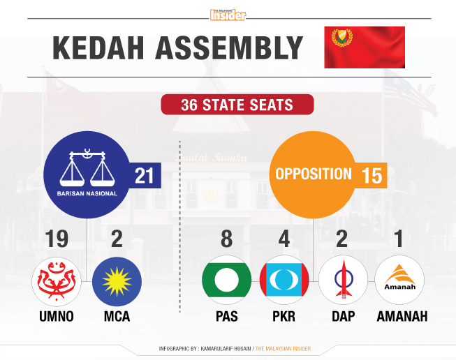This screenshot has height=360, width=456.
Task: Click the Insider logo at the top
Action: (228, 15)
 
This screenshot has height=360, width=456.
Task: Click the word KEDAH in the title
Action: (98, 48)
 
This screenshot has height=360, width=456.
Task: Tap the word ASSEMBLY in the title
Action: (230, 48)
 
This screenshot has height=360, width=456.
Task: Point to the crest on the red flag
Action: (342, 38)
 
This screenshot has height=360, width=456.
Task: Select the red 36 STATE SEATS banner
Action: (237, 105)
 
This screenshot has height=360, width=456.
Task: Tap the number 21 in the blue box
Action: (144, 176)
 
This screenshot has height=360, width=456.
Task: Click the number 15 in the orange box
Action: (372, 176)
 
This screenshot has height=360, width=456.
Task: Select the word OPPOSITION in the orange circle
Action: (314, 174)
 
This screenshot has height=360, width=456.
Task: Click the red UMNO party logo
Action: (57, 281)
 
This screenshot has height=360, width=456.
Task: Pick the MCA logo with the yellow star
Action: (117, 281)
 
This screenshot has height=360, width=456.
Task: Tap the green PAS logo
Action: (227, 280)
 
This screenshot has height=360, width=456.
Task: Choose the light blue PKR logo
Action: (284, 280)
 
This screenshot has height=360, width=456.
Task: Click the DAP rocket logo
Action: (344, 280)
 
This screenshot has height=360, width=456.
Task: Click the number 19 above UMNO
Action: (57, 239)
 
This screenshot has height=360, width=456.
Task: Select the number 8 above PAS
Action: (226, 239)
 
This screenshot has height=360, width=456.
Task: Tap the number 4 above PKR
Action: (284, 239)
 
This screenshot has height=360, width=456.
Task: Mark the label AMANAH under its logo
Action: (402, 316)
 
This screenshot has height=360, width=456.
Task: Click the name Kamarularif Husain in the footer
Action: (226, 348)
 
